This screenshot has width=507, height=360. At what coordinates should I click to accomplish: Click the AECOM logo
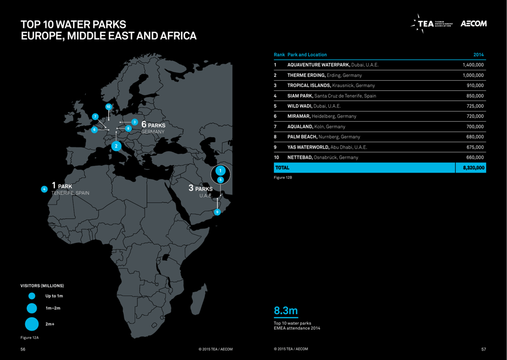[x=473, y=24]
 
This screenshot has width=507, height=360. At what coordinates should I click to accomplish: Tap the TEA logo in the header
[x=433, y=24]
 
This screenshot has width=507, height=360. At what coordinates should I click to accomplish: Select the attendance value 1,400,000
[x=473, y=65]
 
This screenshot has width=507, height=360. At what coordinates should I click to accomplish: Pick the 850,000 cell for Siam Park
[x=474, y=96]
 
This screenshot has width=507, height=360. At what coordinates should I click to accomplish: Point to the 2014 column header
[x=478, y=54]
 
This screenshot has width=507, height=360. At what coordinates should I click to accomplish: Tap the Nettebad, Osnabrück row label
[x=323, y=158]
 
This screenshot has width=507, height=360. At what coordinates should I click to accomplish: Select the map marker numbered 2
[x=116, y=146]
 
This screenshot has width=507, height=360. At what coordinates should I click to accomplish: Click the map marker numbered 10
[x=108, y=107]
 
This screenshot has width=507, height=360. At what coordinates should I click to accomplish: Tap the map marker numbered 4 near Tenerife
[x=44, y=189]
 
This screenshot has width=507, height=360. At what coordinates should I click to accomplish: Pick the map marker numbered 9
[x=217, y=212]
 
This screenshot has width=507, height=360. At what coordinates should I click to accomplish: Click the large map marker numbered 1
[x=220, y=171]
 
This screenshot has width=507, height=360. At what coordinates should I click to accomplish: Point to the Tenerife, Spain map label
[x=70, y=193]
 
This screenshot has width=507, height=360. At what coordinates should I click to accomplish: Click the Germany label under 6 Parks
[x=154, y=131]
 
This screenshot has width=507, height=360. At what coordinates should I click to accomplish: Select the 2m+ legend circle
[x=31, y=324]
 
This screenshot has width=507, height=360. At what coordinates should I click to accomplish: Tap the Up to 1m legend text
[x=54, y=296]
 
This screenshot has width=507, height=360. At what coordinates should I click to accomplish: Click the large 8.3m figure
[x=286, y=310]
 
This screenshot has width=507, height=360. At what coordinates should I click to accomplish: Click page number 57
[x=484, y=349]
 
